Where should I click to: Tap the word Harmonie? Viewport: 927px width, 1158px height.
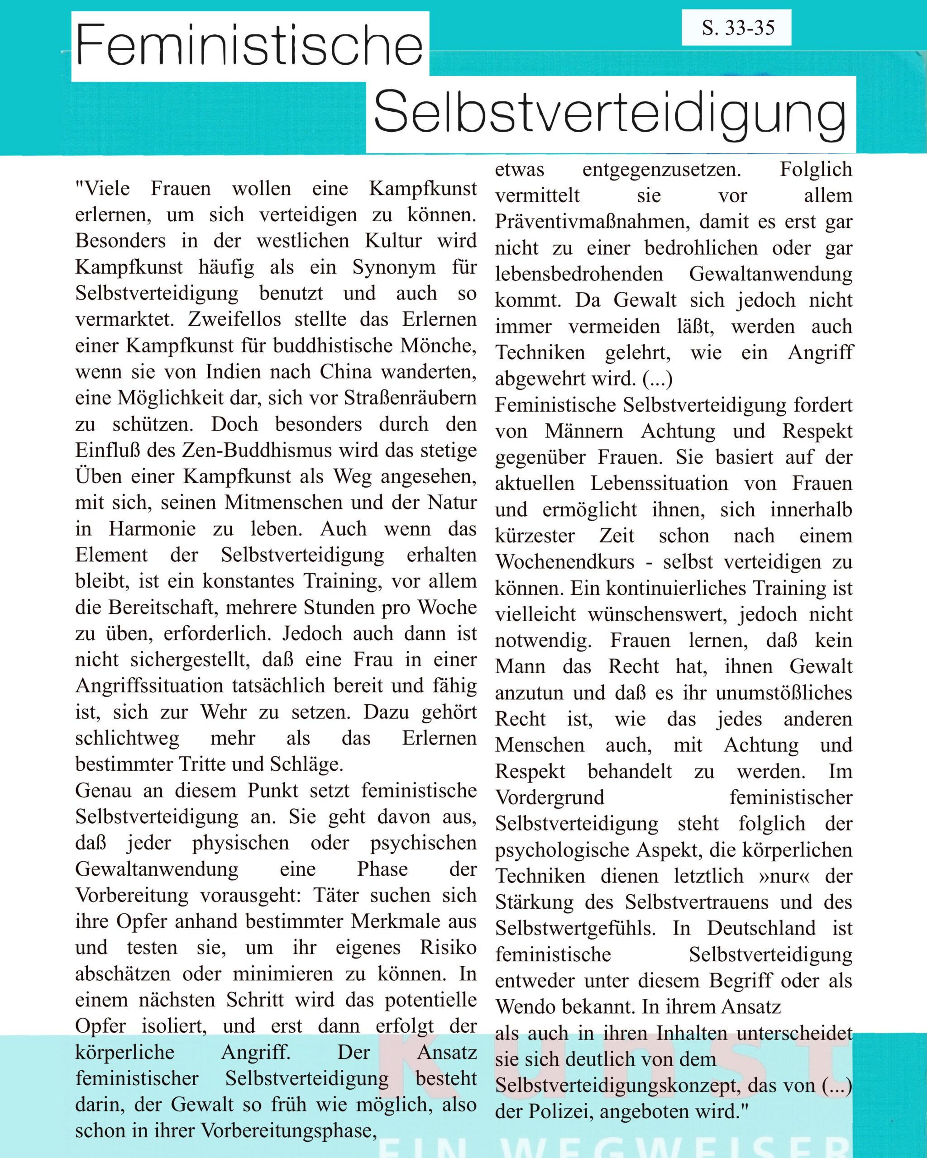pos(152,528)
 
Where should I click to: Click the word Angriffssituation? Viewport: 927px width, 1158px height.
pos(149,686)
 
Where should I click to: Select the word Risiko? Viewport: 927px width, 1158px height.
pos(448,947)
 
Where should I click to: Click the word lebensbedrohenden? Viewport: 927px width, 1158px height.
pos(579,274)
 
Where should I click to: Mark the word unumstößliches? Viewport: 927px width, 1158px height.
pos(784,693)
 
